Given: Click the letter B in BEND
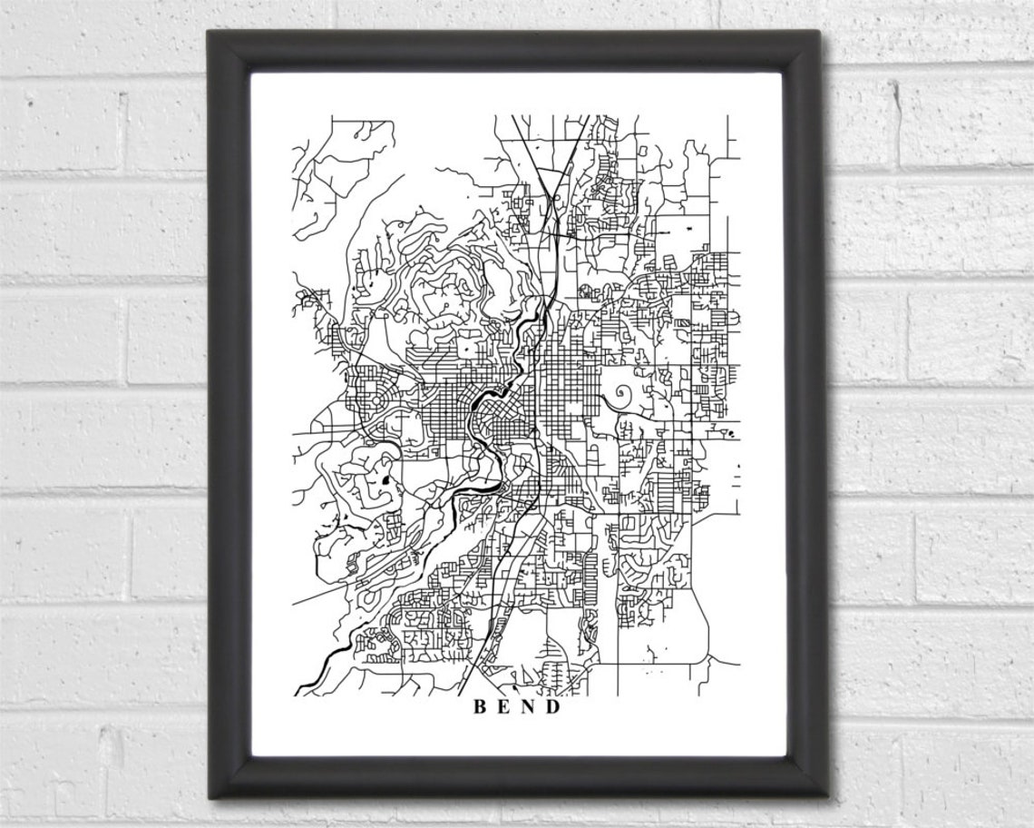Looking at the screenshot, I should pyautogui.click(x=477, y=707).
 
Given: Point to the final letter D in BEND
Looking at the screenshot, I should pyautogui.click(x=553, y=707).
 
